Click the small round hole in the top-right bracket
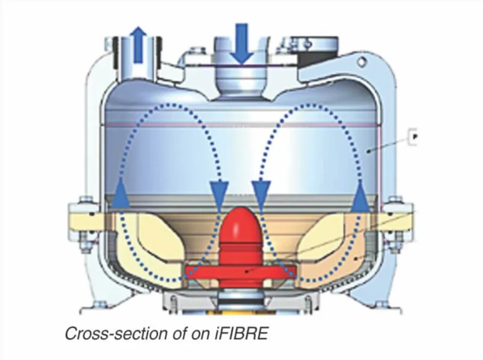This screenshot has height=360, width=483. tap(361, 61)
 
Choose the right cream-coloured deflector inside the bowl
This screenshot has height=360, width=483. tap(325, 245)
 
